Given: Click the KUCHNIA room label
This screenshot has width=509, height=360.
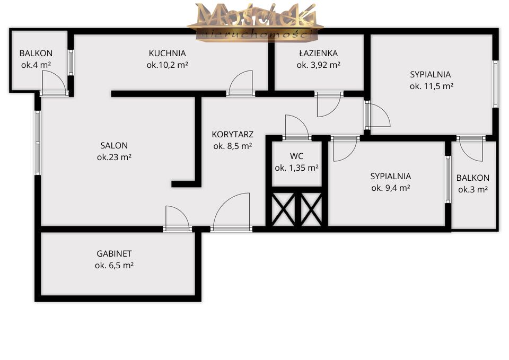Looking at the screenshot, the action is point(167,53).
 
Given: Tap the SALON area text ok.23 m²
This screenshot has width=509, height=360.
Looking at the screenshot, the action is point(115,157).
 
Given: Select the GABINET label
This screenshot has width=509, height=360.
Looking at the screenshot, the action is point(114,253).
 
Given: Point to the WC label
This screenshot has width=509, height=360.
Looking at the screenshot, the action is point(296,156).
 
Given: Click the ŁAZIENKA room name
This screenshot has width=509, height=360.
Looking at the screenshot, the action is point(319,53).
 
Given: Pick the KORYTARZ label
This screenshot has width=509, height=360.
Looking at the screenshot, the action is point(232,134).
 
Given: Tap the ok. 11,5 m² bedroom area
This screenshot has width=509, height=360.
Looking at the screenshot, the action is point(432,86).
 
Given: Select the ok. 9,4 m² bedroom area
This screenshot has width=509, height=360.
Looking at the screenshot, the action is point(391,188).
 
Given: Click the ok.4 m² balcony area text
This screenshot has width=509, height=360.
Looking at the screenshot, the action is point(36,65).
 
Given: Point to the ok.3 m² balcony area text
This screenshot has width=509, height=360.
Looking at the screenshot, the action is point(472,190).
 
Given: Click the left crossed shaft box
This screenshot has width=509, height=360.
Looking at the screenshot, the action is point(283,209).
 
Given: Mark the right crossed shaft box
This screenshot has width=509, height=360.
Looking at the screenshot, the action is point(311,209).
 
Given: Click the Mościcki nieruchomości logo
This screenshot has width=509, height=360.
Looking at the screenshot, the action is point(255,21).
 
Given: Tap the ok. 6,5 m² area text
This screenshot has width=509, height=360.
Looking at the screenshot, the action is point(115,266).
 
